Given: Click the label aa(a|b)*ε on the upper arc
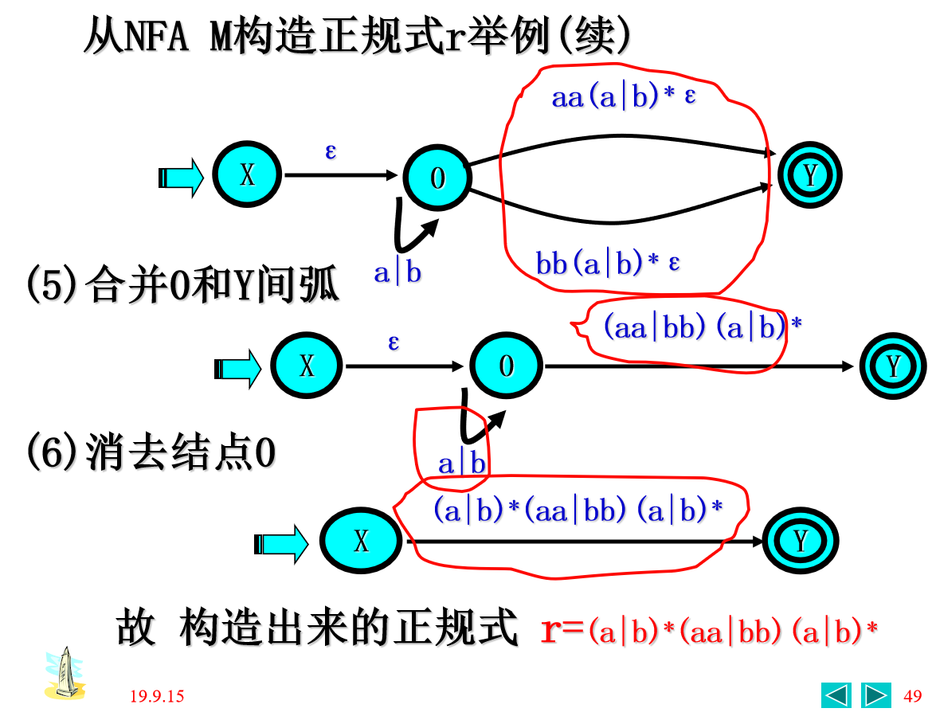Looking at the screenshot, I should (x=624, y=97).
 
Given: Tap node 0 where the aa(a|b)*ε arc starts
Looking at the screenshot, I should (x=437, y=178).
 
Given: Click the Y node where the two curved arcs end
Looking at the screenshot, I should (x=810, y=175).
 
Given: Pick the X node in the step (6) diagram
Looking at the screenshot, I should (x=361, y=541).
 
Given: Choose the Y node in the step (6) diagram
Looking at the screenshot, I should (x=801, y=541).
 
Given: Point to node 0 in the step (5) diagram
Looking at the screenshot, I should (x=506, y=366).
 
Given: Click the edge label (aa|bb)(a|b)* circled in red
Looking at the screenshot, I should (x=702, y=327).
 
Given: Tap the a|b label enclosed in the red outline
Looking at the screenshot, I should (x=461, y=464).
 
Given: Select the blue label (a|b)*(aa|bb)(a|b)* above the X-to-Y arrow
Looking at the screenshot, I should (x=578, y=511).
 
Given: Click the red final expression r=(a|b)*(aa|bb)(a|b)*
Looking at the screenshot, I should (x=709, y=631).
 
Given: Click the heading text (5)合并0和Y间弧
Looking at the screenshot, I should (x=183, y=285).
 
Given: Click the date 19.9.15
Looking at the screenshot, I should (x=157, y=696).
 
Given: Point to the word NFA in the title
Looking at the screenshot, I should (x=157, y=37).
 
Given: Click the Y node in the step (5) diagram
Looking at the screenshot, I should (x=893, y=366).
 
